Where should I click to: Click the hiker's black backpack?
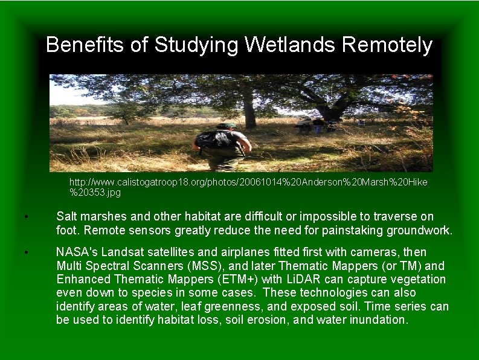click(211, 140)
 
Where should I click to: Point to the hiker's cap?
click(227, 125)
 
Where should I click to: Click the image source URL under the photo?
click(248, 187)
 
